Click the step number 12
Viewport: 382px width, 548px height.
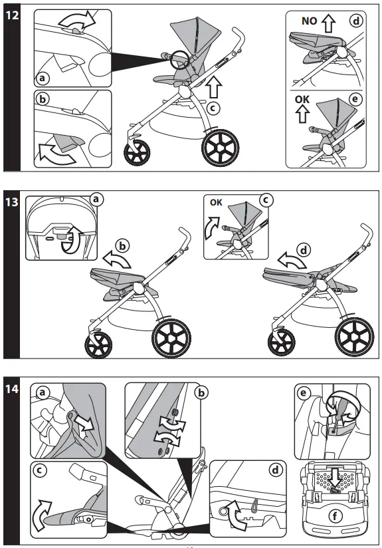pyautogui.click(x=12, y=14)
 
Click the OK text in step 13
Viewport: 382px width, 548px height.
pyautogui.click(x=216, y=203)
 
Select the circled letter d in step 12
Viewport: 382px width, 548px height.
pyautogui.click(x=357, y=21)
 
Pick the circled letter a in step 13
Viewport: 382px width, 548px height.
pyautogui.click(x=97, y=198)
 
